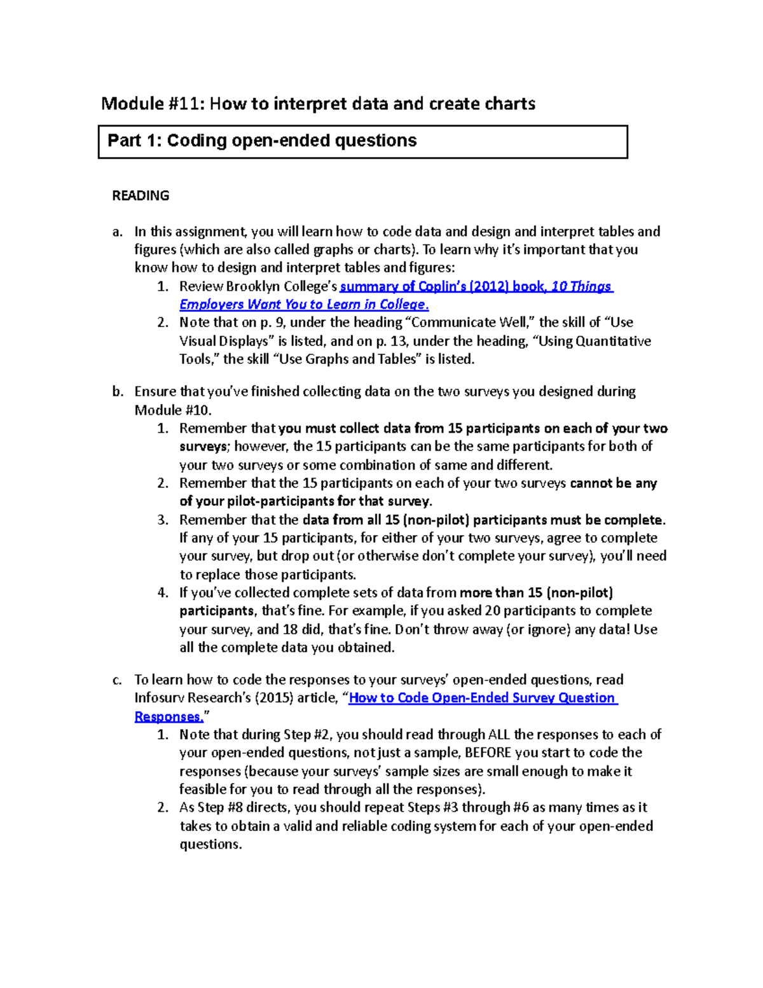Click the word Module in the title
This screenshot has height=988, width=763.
point(132,104)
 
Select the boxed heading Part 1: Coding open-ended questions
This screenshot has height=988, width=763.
point(262,141)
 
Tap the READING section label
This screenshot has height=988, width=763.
point(141,196)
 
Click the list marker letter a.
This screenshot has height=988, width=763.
point(117,232)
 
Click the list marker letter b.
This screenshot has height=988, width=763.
point(117,391)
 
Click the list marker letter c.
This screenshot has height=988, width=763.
point(117,679)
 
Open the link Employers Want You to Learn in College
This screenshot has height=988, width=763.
point(304,305)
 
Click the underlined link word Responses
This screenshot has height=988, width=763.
point(168,716)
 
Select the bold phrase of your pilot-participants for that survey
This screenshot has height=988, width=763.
point(305,501)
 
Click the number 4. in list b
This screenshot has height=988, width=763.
point(163,593)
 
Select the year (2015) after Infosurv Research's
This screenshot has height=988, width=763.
point(274,698)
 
